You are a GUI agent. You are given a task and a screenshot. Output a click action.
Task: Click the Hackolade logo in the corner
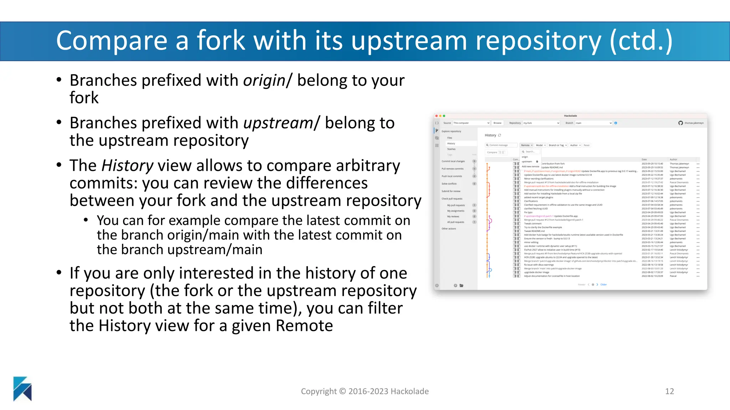point(22,389)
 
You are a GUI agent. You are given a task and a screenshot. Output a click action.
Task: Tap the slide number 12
point(669,391)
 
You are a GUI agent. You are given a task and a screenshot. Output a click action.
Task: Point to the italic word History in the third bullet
point(127,166)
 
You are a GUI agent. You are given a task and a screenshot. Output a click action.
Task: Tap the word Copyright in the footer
point(319,391)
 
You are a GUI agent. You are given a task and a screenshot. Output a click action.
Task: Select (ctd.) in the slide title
point(641,41)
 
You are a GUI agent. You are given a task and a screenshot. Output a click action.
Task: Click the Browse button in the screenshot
point(497,123)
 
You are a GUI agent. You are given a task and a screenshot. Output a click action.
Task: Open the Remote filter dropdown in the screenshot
point(526,145)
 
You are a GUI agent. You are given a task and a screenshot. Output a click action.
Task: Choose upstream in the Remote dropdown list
point(527,162)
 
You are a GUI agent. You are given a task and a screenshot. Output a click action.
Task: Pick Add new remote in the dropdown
point(530,167)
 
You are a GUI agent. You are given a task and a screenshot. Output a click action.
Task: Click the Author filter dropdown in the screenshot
point(575,145)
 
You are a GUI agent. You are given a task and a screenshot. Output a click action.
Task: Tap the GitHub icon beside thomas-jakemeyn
point(680,123)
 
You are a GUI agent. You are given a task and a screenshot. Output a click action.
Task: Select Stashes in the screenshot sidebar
point(451,149)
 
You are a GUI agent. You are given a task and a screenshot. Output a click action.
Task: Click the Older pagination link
point(603,285)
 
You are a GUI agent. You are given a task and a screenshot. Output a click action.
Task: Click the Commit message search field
point(501,145)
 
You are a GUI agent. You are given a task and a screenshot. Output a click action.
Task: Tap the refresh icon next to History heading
point(500,135)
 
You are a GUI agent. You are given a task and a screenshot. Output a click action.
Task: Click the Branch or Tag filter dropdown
point(557,145)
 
